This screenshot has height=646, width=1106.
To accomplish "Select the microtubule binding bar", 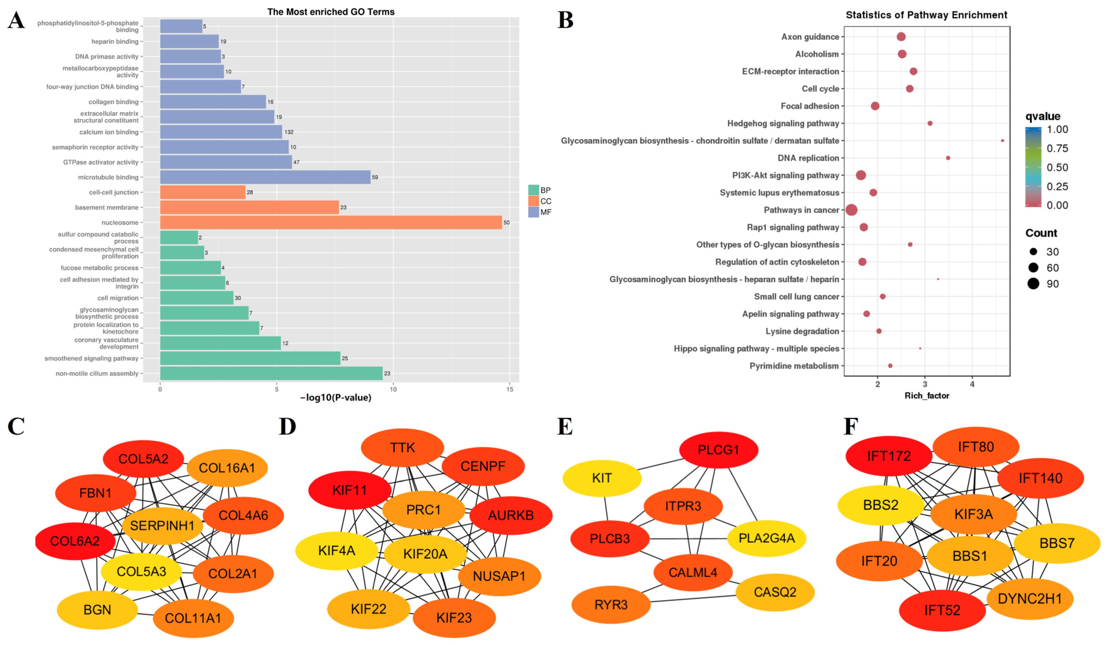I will click(x=265, y=177).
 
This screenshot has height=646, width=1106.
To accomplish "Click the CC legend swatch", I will click(x=533, y=201).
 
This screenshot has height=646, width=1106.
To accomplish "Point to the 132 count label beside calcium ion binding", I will click(x=289, y=132).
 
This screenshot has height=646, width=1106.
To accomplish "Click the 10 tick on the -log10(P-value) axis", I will click(x=393, y=389).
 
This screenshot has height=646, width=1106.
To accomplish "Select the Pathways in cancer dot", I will click(x=851, y=210).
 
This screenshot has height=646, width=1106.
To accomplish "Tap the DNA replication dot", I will click(x=948, y=158).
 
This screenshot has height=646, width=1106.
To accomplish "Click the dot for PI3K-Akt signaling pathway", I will click(x=861, y=175).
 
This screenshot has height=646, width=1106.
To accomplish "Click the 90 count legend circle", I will click(x=1033, y=284).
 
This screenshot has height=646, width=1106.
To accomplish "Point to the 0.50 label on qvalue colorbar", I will click(x=1057, y=167).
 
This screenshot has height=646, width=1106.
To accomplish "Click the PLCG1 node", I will click(x=718, y=450).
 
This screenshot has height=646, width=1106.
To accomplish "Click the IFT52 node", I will click(x=942, y=610).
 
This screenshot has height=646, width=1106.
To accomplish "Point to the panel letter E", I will click(x=565, y=426).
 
